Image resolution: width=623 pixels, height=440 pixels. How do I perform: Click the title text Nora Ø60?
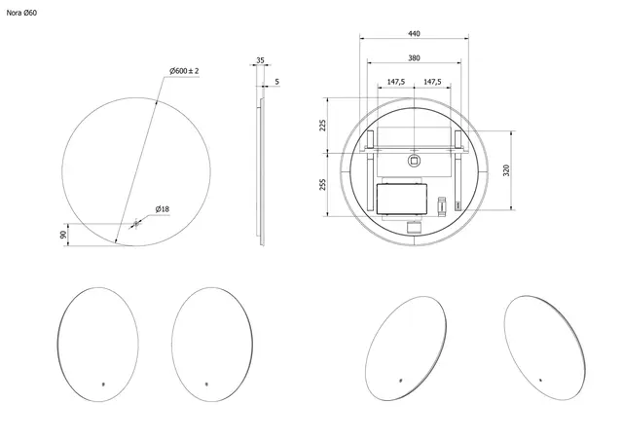(21, 13)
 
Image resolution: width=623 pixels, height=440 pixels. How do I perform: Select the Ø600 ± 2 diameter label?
(184, 71)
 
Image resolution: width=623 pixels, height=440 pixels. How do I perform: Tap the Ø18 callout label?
(163, 209)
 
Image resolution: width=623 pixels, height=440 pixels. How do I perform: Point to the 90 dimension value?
(63, 235)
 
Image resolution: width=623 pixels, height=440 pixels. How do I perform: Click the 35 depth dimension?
(260, 60)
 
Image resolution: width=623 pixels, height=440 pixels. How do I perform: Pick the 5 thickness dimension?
(276, 82)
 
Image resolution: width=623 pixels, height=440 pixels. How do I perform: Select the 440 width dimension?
(414, 34)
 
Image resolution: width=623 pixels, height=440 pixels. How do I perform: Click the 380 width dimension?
(414, 58)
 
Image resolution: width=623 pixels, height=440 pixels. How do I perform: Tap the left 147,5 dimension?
(396, 82)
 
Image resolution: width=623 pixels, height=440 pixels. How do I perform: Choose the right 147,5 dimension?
(432, 82)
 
